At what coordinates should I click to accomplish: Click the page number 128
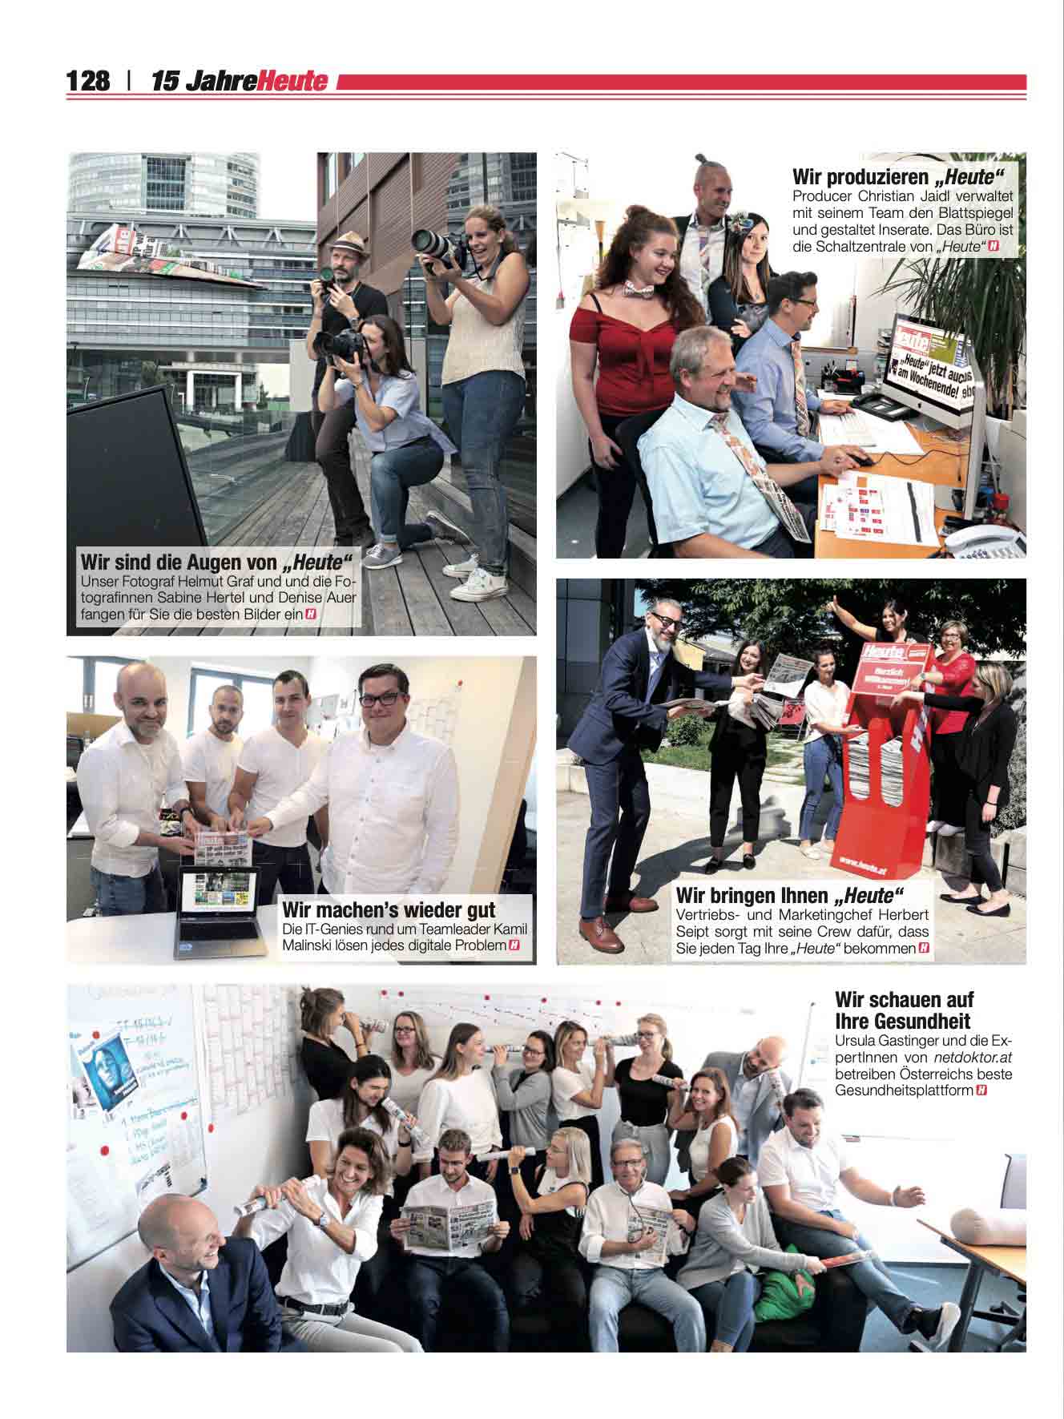pos(88,82)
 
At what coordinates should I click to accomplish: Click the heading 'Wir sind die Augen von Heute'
pos(216,559)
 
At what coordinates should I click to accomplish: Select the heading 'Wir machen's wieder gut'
pos(389,910)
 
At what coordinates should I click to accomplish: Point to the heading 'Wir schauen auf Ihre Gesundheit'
pos(904,1010)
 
